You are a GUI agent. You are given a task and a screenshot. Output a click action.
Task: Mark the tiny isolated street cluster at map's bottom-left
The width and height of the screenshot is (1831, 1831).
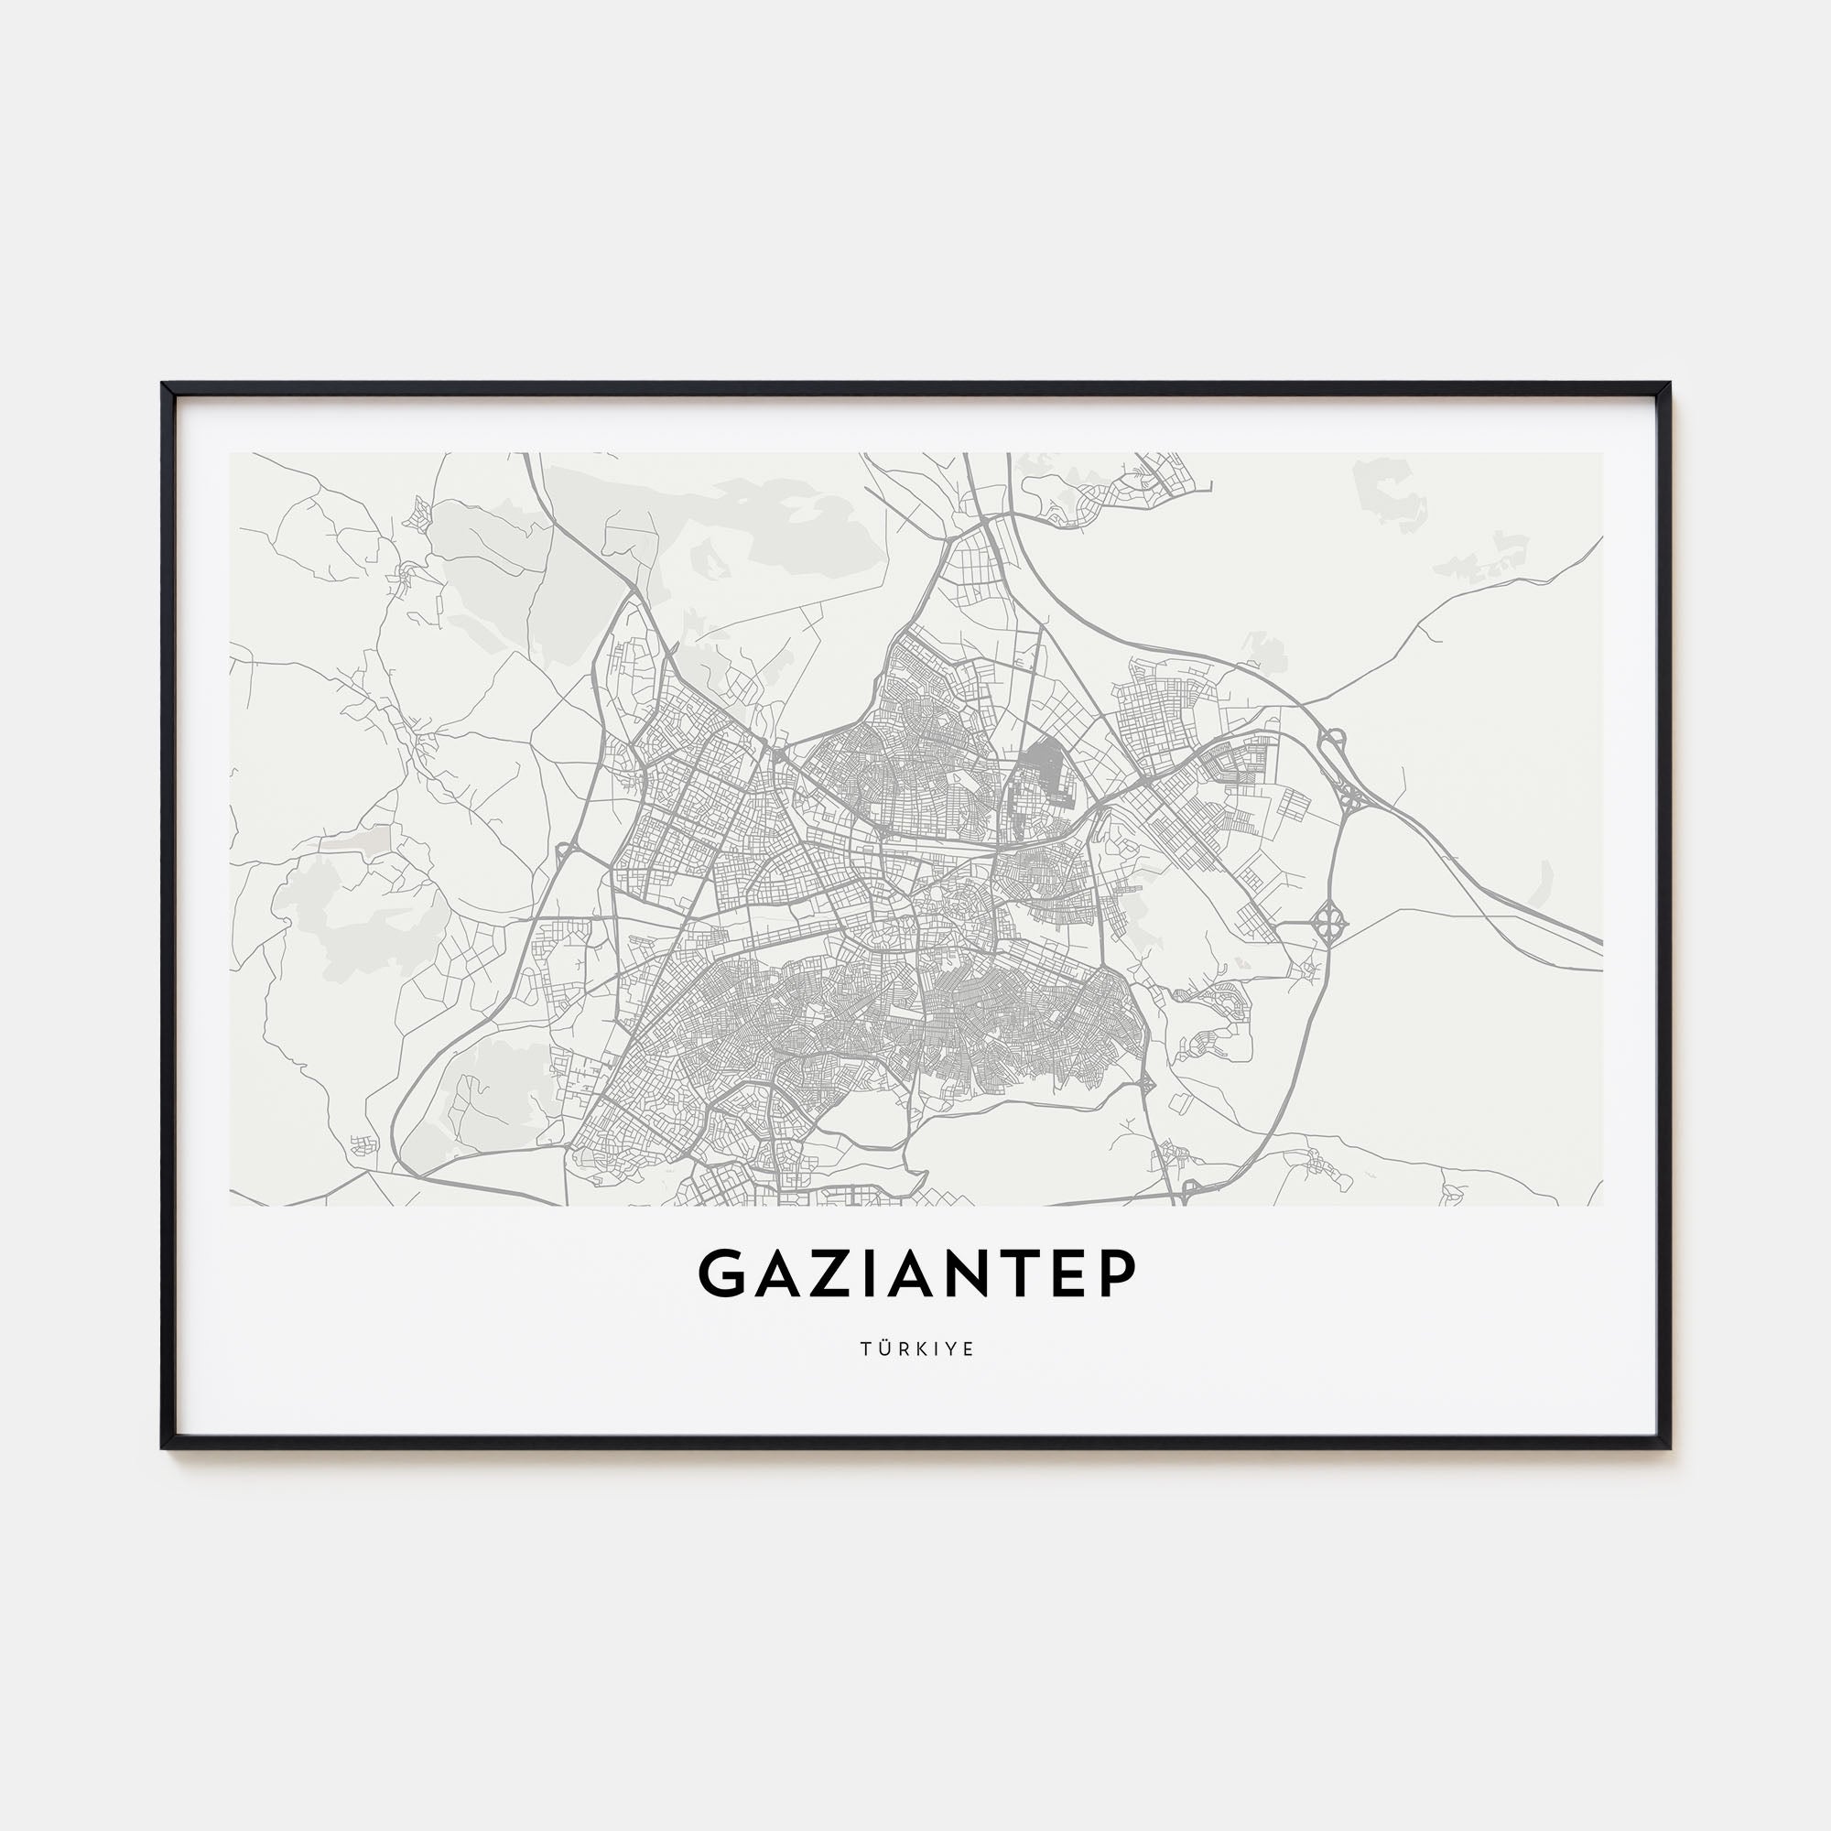[x=362, y=1145]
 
